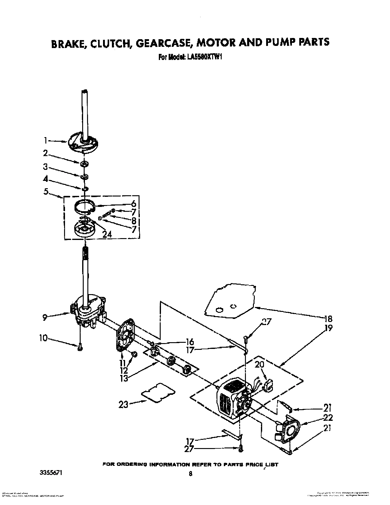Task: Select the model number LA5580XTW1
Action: point(203,56)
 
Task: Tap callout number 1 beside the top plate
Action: point(45,140)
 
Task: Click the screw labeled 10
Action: point(79,347)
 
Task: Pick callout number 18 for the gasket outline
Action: point(328,318)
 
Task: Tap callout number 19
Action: point(328,328)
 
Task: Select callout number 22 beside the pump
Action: point(328,418)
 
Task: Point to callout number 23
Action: point(123,405)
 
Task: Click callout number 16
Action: point(190,342)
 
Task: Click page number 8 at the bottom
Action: point(190,474)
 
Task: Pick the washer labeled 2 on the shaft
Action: point(83,164)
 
